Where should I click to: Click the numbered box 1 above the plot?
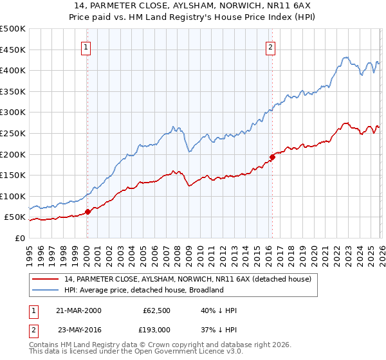(87, 46)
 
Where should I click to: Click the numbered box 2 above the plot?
(271, 46)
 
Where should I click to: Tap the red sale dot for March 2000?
(87, 212)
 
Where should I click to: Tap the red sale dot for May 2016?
(272, 156)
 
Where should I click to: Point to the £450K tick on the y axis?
(13, 50)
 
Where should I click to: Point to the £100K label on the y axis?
(13, 196)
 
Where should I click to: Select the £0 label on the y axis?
(19, 238)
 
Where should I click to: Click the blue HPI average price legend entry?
(143, 290)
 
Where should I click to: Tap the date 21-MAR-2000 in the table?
(78, 310)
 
